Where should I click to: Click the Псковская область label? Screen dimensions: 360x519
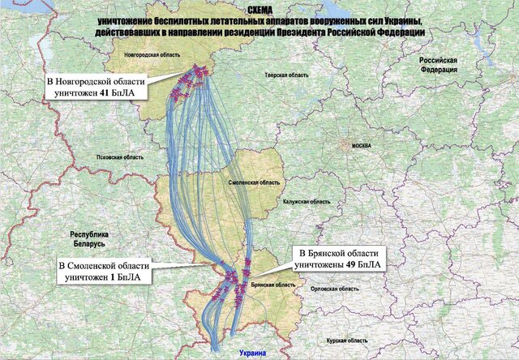click(x=120, y=157)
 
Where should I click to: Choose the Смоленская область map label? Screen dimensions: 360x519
click(x=251, y=185)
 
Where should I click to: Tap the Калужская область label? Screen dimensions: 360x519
click(x=307, y=202)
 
